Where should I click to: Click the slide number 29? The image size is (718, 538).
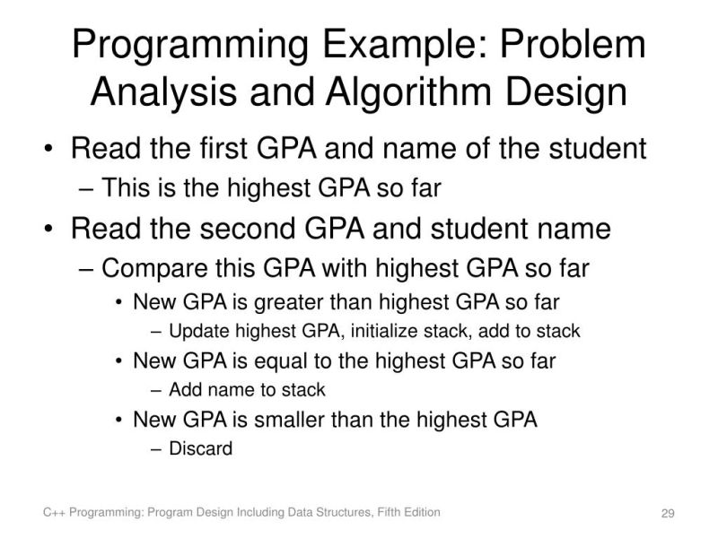pyautogui.click(x=667, y=514)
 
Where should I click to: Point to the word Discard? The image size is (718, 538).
pyautogui.click(x=200, y=448)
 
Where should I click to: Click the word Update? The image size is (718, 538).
pyautogui.click(x=195, y=331)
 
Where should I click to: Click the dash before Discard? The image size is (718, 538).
pyautogui.click(x=158, y=448)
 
